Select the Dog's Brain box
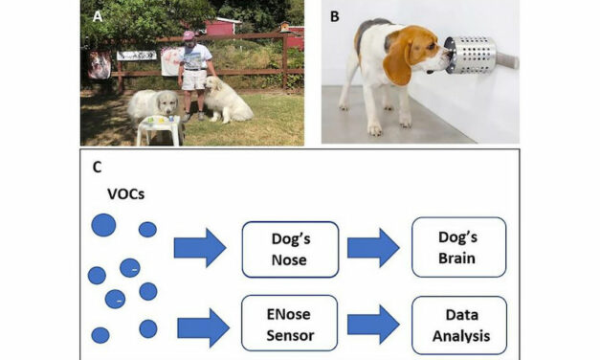coord(457,248)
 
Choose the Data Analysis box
coord(457,326)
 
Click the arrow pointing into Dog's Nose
coord(199,248)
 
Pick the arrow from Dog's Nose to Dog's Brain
coord(372,248)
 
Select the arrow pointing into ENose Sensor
coord(202,327)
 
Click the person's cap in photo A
coord(189,36)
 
